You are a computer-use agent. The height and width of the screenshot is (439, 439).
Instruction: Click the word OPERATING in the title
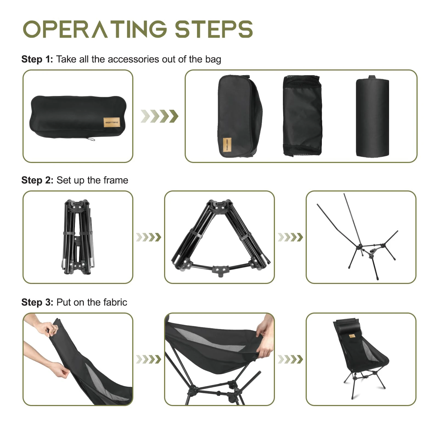tap(95, 29)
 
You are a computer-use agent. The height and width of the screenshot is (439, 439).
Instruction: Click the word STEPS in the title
tap(214, 29)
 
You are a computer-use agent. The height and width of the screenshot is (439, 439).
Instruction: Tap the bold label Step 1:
tap(37, 59)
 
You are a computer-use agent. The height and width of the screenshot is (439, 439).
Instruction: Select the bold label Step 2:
tap(37, 180)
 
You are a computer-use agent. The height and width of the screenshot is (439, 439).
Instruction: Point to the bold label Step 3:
tap(37, 302)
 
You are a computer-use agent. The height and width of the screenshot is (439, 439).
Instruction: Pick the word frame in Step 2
tap(116, 180)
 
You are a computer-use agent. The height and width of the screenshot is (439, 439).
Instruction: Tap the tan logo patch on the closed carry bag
tap(112, 122)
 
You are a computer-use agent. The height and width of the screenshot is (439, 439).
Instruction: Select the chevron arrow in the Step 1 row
tap(159, 116)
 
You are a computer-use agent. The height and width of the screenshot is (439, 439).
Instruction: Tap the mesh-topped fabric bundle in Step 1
tap(302, 116)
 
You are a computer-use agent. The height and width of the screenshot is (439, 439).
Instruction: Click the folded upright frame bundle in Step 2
tap(77, 237)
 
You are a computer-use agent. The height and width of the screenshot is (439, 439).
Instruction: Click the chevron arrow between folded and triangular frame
tap(148, 237)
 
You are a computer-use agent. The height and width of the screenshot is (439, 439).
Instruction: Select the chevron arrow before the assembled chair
tap(290, 359)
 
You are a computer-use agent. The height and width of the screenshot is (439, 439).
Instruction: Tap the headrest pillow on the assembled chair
tap(347, 325)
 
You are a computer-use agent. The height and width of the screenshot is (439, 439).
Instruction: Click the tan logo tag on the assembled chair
tap(352, 336)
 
